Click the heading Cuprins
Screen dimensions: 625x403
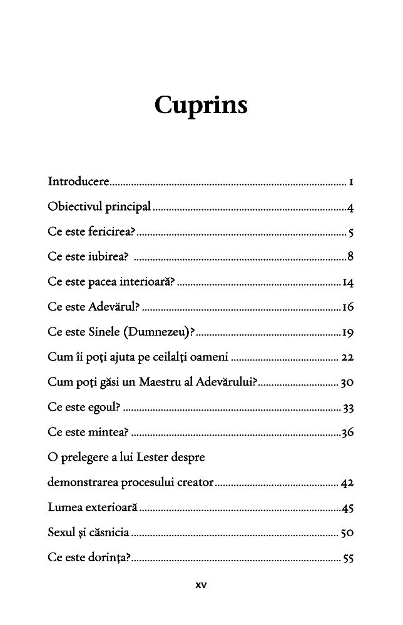201,106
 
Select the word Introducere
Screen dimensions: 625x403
78,182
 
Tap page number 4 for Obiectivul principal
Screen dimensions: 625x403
352,207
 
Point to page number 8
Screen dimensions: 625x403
352,256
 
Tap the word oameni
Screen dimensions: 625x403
209,357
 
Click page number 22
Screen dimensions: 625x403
349,357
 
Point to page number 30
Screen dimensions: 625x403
349,382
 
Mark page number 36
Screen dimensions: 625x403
349,432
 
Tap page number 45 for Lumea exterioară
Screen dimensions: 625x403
349,508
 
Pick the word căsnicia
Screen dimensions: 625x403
108,533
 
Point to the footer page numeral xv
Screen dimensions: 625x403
201,586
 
